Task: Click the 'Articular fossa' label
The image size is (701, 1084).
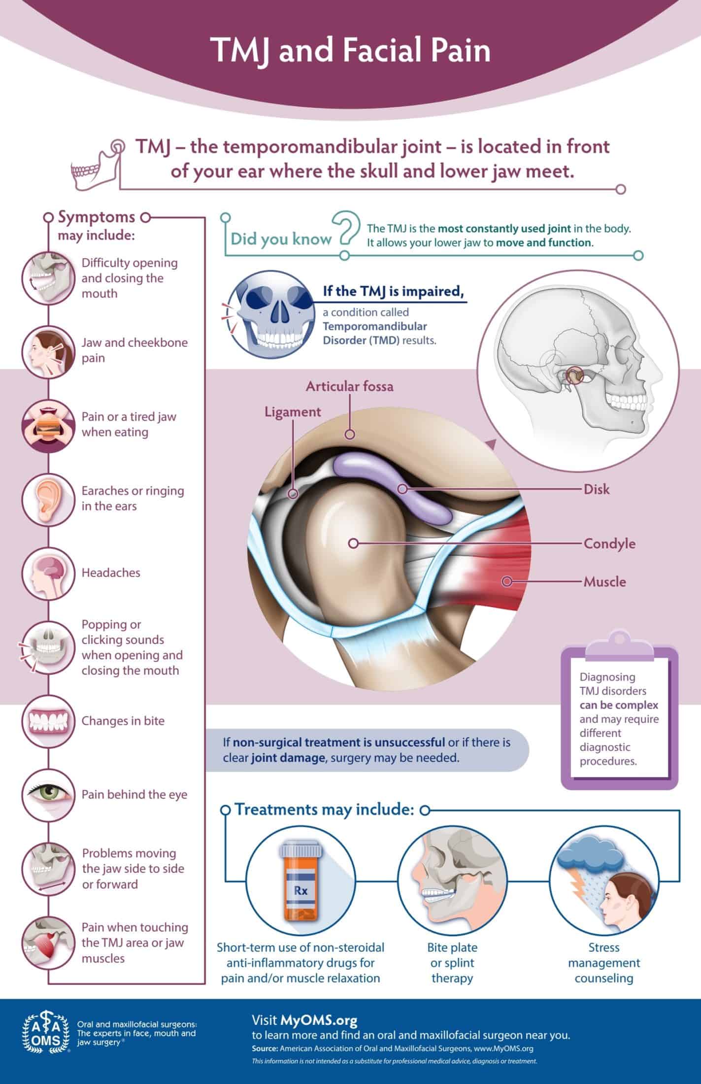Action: [350, 386]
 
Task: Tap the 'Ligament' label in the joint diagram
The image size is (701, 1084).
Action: [293, 412]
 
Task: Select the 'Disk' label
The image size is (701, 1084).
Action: [597, 489]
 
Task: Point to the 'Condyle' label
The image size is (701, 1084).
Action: [609, 543]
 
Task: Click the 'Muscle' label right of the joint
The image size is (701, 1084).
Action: [604, 581]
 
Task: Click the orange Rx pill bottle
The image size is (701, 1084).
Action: [301, 890]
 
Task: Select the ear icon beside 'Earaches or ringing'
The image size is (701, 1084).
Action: [47, 499]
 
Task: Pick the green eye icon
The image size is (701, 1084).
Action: [47, 795]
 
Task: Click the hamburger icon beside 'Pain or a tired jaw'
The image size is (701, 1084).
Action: [47, 425]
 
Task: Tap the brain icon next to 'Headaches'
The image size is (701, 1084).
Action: [47, 573]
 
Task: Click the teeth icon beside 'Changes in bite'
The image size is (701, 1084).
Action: [47, 721]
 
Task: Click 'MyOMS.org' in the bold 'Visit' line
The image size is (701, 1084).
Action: [319, 1019]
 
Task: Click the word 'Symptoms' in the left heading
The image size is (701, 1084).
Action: [97, 217]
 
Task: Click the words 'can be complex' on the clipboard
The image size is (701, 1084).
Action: [619, 705]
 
